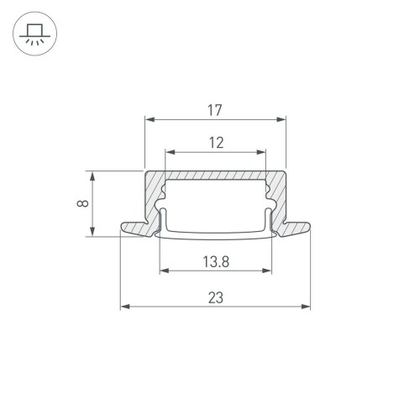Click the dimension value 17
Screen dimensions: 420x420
point(216,109)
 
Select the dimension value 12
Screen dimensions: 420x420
point(216,143)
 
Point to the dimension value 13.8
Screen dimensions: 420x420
point(216,261)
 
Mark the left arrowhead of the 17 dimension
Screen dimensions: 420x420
point(150,119)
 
